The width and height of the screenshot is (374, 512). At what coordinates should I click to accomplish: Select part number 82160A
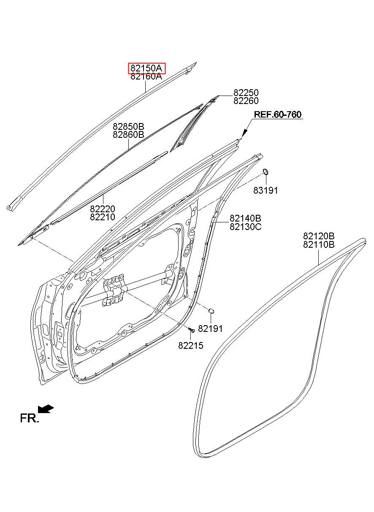coord(146,77)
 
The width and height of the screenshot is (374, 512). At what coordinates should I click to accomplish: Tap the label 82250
coord(246,93)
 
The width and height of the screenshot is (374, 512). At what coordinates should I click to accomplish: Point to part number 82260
coord(246,101)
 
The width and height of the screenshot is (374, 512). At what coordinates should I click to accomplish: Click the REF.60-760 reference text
coord(277,115)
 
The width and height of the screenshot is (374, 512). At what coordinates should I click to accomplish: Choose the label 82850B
coord(128,126)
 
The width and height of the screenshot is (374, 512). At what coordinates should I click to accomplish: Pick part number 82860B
coord(128,135)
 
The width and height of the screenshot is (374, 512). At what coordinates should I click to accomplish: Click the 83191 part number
coord(266,191)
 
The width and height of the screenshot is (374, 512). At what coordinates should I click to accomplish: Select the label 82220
coord(103,209)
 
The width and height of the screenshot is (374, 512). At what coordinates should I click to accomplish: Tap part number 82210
coord(103,217)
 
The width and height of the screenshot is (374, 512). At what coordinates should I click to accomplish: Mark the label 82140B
coord(245,218)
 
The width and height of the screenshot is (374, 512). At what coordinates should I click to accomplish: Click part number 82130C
coord(245,227)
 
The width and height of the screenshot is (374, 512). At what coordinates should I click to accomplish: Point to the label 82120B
coord(319,236)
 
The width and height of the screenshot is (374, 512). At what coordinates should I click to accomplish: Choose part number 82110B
coord(319,244)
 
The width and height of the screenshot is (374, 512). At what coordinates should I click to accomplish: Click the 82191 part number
coord(210,329)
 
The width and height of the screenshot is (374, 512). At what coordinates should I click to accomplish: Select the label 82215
coord(191,345)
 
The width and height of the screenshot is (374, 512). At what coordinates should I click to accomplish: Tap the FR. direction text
coord(29,419)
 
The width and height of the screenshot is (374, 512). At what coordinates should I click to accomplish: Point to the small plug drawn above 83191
coord(266,171)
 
